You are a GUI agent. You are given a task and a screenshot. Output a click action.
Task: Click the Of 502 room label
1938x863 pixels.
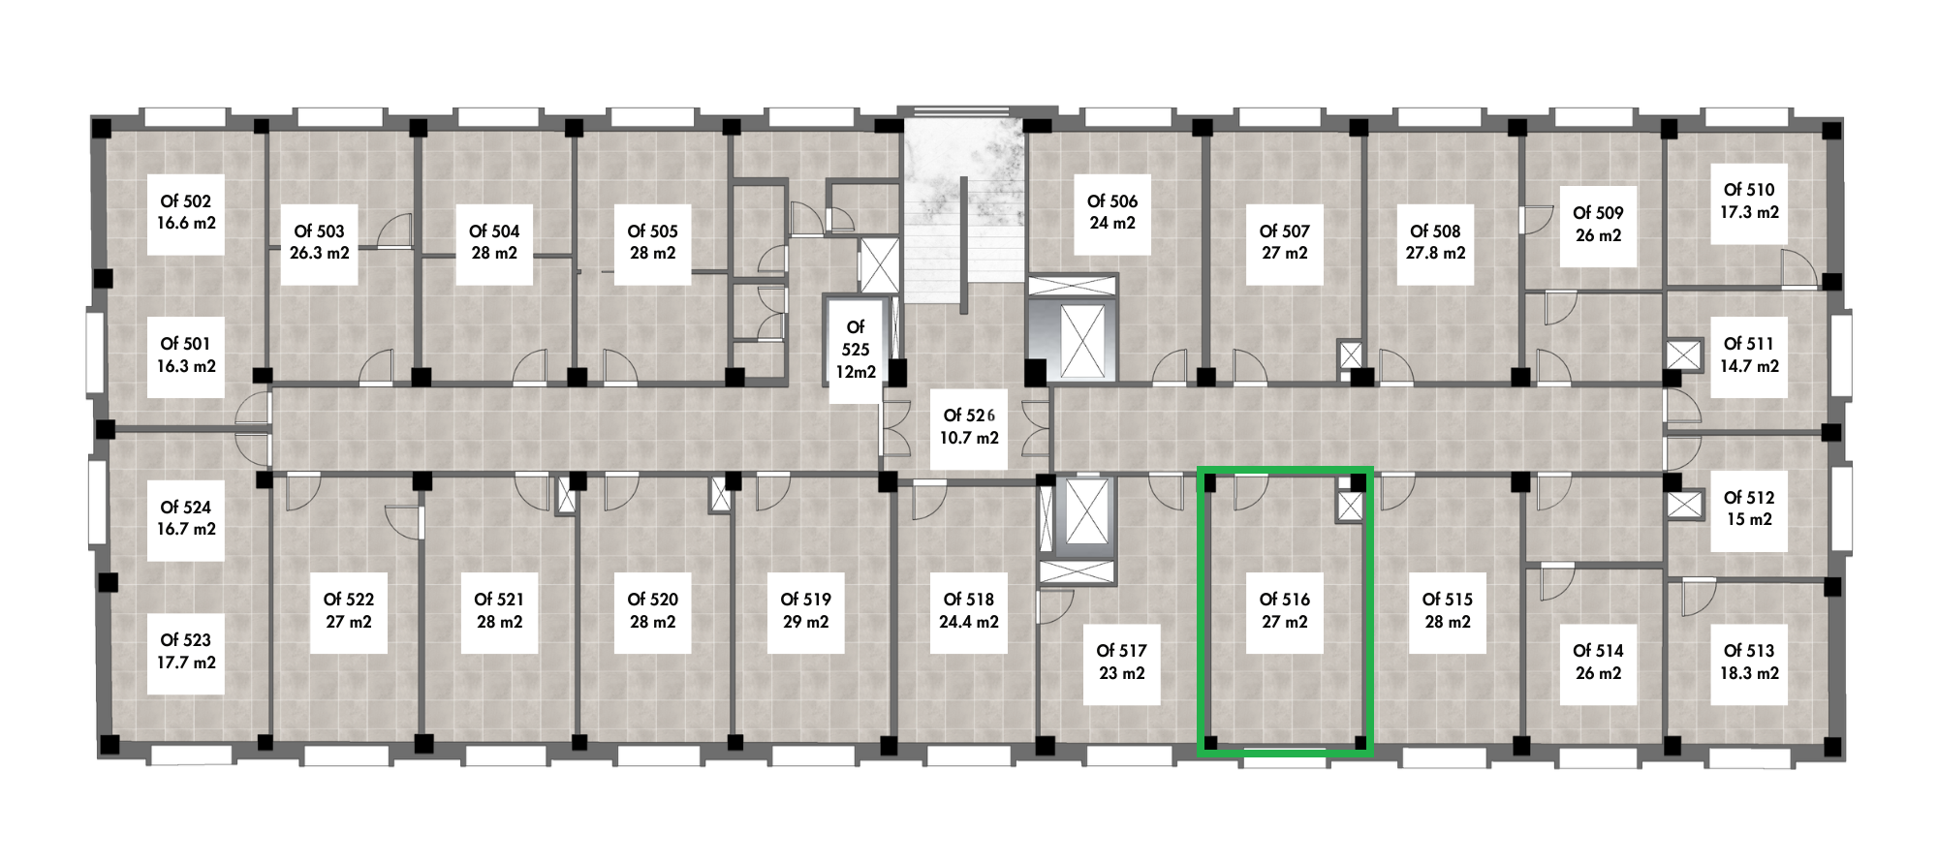point(186,212)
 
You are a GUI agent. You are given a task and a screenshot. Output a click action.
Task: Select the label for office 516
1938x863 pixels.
point(1284,610)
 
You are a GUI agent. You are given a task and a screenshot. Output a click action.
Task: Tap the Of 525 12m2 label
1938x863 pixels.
point(855,349)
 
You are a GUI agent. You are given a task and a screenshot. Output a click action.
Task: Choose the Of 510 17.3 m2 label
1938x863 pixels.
point(1749,200)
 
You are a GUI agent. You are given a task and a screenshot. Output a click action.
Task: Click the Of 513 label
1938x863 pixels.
point(1749,662)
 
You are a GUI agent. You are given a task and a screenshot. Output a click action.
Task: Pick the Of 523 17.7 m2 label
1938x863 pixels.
point(186,651)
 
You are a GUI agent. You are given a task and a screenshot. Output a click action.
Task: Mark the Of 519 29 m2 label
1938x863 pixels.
point(805,610)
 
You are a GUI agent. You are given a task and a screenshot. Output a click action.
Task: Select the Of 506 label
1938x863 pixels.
point(1111,212)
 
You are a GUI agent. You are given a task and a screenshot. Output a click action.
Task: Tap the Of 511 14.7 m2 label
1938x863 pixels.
point(1749,354)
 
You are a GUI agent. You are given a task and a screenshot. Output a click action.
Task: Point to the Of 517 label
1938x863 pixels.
point(1121,662)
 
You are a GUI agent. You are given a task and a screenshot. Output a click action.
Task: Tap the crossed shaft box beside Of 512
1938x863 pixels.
point(1684,505)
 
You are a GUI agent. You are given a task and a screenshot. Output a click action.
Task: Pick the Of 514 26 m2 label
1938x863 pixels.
point(1598,662)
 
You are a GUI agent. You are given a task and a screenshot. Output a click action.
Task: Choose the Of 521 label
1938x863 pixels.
point(499,610)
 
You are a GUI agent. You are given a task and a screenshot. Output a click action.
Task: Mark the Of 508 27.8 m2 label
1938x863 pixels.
point(1435,242)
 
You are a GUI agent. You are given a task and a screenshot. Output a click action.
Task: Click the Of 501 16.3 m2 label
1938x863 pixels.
point(186,354)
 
